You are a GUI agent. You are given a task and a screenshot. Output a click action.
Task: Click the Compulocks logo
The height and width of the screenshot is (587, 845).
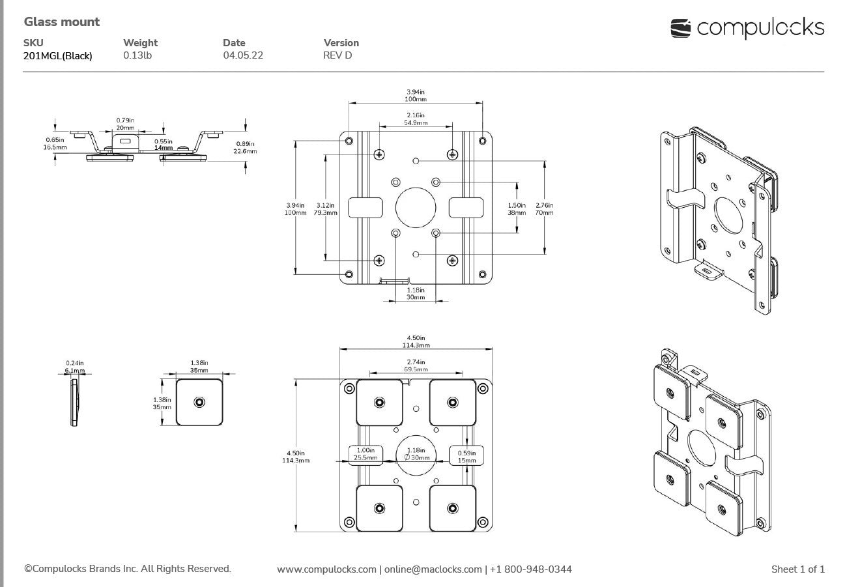coord(747,28)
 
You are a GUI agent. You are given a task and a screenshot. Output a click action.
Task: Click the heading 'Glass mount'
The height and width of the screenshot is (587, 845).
coord(62,22)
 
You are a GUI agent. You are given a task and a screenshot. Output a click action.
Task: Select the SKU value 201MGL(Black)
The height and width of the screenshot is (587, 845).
coord(57,56)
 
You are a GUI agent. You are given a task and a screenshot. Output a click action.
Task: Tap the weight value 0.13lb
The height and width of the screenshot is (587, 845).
coord(137,55)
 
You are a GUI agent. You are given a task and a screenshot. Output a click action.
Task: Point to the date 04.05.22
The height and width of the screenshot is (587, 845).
coord(243,55)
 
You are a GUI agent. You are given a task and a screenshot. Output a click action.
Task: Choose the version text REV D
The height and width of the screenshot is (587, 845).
coord(337,55)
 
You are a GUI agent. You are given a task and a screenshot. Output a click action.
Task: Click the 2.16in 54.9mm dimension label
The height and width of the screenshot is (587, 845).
coord(416,119)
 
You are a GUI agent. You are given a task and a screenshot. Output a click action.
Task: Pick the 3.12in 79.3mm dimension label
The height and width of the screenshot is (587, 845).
coord(326,208)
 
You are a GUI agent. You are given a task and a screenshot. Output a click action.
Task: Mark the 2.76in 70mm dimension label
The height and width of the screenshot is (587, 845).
coord(545,208)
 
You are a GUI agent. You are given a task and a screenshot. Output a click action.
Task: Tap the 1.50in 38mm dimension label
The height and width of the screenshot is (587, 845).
coord(517,208)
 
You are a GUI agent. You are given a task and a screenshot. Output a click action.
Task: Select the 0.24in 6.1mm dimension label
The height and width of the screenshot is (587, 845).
coord(75,367)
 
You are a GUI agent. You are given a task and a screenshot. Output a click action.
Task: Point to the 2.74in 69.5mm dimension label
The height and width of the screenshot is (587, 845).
coord(416,365)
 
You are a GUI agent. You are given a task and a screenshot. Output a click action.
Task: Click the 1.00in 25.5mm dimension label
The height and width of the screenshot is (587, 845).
coord(365,454)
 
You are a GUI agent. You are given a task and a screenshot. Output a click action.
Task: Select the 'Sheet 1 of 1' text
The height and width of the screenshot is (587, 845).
coord(797,569)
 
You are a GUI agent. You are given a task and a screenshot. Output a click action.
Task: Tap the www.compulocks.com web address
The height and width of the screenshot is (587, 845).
coord(326,569)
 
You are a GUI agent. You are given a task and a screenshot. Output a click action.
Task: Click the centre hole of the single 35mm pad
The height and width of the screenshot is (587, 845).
coord(199,403)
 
